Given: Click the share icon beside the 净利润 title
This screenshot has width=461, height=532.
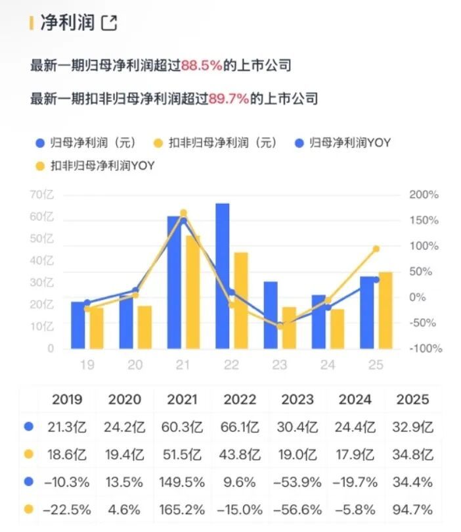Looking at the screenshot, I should point(109,24).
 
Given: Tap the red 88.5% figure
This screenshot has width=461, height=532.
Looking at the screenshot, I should point(202,66).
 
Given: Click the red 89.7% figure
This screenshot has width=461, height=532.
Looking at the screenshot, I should point(229,99).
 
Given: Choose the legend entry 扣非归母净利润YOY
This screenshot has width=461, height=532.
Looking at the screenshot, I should point(96,166).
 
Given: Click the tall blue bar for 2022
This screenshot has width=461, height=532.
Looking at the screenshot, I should point(223,276).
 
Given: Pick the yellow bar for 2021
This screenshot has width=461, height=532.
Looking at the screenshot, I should point(193,292).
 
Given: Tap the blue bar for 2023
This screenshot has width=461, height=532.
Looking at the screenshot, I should point(271,315).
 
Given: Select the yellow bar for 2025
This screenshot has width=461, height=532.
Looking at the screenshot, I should point(385,310).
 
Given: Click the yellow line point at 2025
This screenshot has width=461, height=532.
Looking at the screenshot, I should point(376,249).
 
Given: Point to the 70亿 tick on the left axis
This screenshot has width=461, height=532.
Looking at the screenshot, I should point(41,195).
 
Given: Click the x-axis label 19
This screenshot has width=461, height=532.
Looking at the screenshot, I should point(87,366).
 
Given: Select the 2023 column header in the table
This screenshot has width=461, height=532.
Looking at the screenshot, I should point(297,399).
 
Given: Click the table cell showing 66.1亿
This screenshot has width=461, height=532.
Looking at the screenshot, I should point(240,427).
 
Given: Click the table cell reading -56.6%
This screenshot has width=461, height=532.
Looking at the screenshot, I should point(297,510).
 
